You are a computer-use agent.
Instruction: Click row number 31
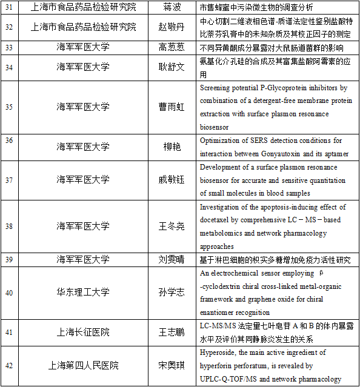pyautogui.click(x=9, y=7)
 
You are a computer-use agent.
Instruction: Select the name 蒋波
pyautogui.click(x=170, y=7)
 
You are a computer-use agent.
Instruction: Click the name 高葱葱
pyautogui.click(x=170, y=47)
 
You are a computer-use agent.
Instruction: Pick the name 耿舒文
pyautogui.click(x=170, y=67)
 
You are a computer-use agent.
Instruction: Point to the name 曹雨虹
pyautogui.click(x=170, y=107)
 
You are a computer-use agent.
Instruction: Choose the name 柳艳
pyautogui.click(x=170, y=146)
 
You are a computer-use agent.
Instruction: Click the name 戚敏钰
pyautogui.click(x=170, y=179)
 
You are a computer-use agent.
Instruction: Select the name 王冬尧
pyautogui.click(x=170, y=226)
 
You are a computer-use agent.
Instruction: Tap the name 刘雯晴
pyautogui.click(x=170, y=259)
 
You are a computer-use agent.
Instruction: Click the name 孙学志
pyautogui.click(x=170, y=293)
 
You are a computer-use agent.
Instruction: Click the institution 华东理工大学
pyautogui.click(x=84, y=293)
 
